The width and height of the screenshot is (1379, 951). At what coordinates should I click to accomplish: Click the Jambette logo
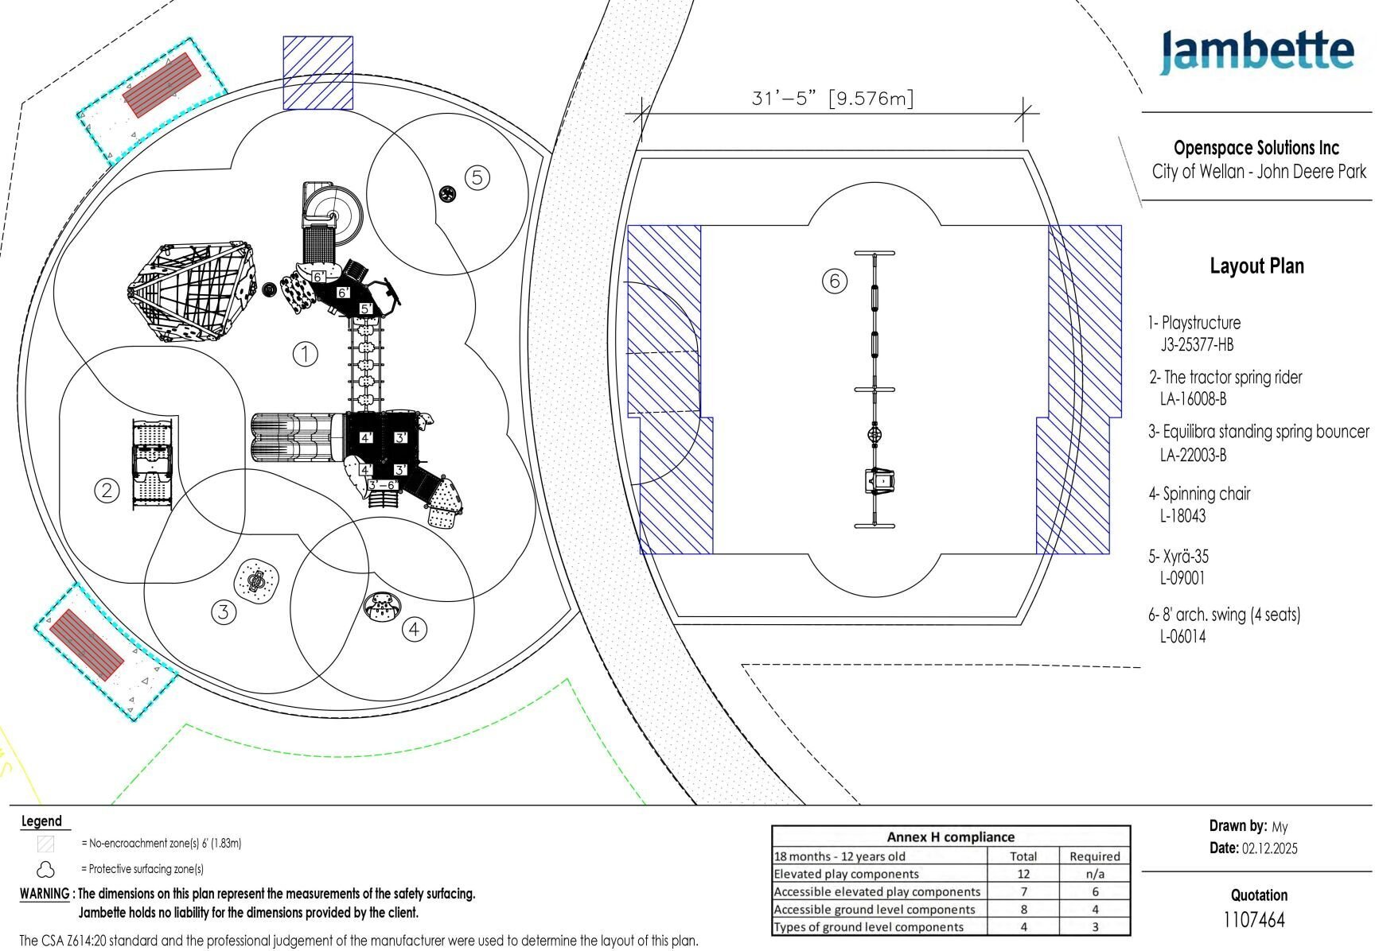tap(1256, 52)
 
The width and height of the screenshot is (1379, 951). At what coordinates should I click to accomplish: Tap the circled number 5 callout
tap(477, 177)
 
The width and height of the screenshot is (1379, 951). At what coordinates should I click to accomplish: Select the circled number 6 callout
tap(834, 281)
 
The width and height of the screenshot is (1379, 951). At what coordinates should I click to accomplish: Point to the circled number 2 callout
tap(107, 490)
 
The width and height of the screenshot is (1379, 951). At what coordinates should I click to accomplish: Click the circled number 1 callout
tap(305, 354)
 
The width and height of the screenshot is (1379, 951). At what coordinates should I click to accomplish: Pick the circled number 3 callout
tap(224, 611)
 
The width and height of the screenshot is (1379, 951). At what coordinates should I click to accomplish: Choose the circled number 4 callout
tap(414, 630)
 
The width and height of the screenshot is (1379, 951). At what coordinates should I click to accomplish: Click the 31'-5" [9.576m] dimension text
tap(832, 99)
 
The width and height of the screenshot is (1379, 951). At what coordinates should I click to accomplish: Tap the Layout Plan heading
tap(1256, 266)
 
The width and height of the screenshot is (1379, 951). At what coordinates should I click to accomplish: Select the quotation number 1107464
tap(1253, 920)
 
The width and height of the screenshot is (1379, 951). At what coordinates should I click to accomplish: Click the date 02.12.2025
tap(1268, 848)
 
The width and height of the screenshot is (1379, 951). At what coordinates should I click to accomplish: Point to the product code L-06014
tap(1182, 636)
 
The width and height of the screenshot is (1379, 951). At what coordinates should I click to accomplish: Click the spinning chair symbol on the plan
tap(383, 607)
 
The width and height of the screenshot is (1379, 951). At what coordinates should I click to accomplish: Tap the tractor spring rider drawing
tap(152, 464)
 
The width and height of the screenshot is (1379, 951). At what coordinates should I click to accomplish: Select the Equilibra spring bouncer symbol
tap(257, 581)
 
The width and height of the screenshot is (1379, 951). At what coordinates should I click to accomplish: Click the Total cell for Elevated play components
tap(1023, 874)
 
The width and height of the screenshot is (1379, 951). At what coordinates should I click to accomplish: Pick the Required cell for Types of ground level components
tap(1094, 926)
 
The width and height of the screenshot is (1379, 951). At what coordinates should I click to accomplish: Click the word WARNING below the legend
tap(44, 894)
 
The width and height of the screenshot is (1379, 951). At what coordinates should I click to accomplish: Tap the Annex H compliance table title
tap(950, 836)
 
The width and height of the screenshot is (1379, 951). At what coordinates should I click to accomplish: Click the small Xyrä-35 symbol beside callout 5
tap(446, 192)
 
